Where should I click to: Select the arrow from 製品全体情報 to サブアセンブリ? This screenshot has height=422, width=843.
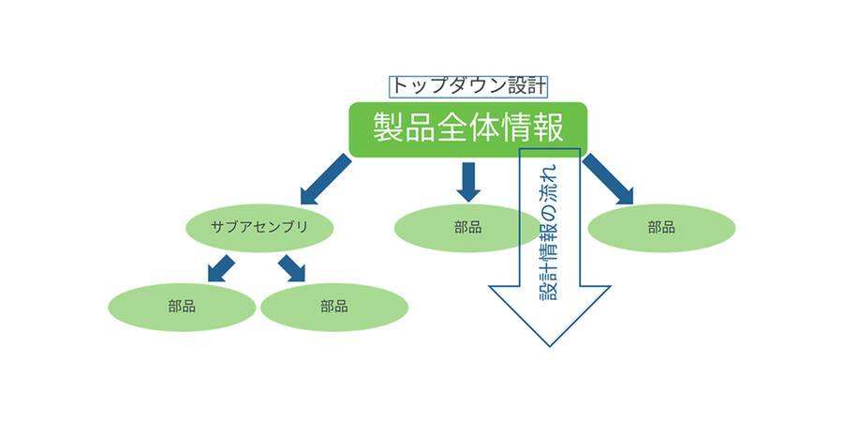click(x=325, y=180)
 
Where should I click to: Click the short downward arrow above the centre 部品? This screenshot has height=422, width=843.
click(x=469, y=181)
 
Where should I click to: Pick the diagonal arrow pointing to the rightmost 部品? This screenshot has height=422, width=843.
click(x=607, y=179)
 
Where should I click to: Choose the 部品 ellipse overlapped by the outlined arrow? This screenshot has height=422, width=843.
click(x=459, y=228)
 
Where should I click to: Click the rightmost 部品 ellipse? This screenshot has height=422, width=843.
click(x=661, y=228)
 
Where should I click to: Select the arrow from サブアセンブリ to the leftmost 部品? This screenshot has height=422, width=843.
click(x=221, y=266)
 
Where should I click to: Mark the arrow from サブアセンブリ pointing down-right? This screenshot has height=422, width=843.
click(x=291, y=266)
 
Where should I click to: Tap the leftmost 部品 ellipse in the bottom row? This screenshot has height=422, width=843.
click(x=182, y=307)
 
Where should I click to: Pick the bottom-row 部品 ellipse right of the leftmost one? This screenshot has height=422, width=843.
click(x=333, y=307)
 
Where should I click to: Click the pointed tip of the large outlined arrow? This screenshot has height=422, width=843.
click(x=551, y=344)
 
